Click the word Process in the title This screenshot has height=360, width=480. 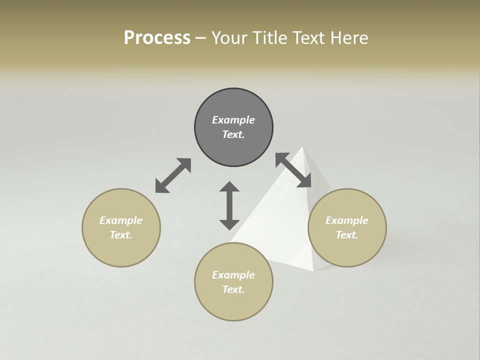point(157,38)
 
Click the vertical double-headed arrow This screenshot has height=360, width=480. point(229,205)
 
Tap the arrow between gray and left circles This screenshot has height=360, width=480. point(173,175)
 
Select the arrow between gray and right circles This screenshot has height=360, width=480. point(293,170)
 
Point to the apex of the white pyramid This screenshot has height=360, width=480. point(302,147)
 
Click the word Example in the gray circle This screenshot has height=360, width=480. point(233,120)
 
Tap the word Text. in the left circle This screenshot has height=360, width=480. point(121,235)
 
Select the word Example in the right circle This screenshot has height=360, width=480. point(347,220)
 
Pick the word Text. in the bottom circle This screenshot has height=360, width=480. point(233,289)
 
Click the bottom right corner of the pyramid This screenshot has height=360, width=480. point(313,270)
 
